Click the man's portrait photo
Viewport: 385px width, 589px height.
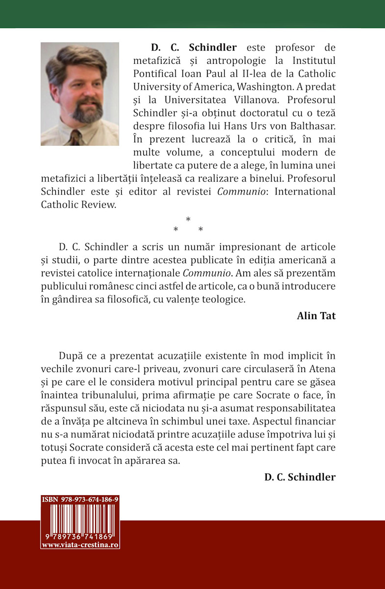[x=80, y=94]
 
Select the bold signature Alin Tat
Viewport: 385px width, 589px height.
[x=316, y=316]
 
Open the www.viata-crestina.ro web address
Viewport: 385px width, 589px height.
[x=80, y=545]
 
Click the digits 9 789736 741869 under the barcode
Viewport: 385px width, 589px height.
[x=80, y=537]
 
